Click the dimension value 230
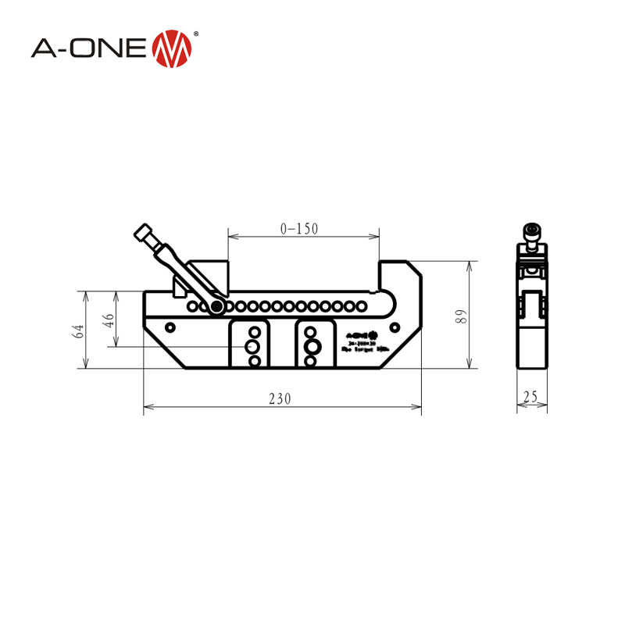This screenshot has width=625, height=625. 280,398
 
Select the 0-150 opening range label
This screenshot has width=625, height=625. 300,229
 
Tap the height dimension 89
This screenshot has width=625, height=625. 462,316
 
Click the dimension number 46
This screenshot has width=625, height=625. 109,320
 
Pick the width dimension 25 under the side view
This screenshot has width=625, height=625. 531,398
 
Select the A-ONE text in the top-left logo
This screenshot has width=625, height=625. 87,48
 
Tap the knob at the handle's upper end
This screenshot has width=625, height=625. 143,233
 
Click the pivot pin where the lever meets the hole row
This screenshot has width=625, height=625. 216,306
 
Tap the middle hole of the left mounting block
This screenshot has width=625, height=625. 253,345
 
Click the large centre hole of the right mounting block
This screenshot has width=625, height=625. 311,345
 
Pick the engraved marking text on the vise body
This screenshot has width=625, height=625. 360,341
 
